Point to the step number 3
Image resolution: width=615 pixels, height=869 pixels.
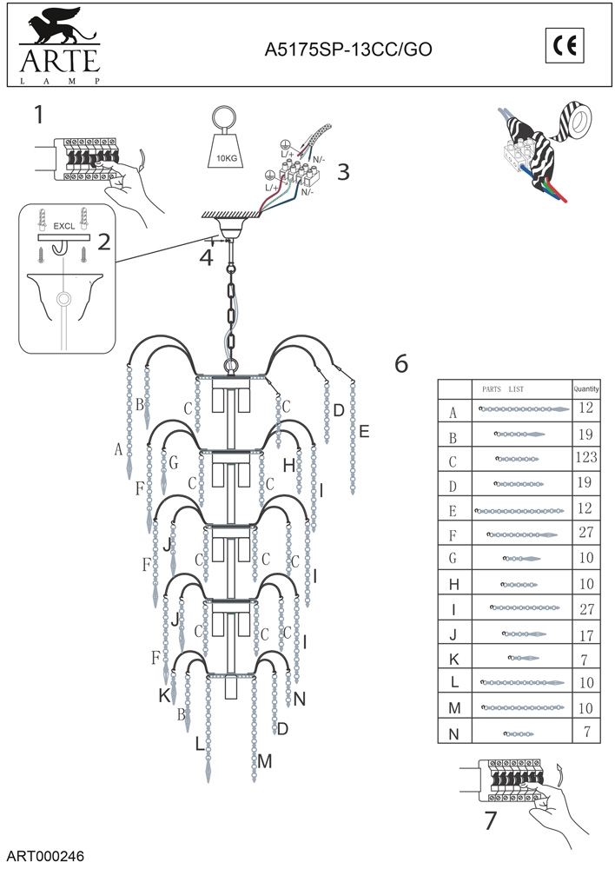click(343, 172)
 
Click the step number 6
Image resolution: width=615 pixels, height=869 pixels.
click(401, 364)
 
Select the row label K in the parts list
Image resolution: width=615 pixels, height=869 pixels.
click(453, 658)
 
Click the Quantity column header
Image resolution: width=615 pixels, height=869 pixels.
click(586, 389)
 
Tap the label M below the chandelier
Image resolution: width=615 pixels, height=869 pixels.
click(265, 761)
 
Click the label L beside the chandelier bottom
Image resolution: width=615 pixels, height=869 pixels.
click(200, 745)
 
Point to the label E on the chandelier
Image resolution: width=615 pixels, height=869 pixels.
click(364, 431)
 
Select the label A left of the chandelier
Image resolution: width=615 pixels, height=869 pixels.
click(118, 449)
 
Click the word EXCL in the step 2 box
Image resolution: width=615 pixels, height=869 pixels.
click(64, 225)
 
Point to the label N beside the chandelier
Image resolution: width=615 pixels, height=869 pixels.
click(300, 699)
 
